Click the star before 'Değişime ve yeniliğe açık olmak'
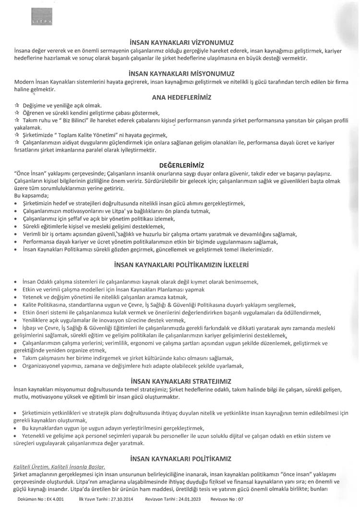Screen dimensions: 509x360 tap(17, 105)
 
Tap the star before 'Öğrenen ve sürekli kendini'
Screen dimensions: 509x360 tap(17, 112)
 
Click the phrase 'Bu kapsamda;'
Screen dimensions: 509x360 tap(29, 196)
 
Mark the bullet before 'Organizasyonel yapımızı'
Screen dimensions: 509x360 tap(17, 366)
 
